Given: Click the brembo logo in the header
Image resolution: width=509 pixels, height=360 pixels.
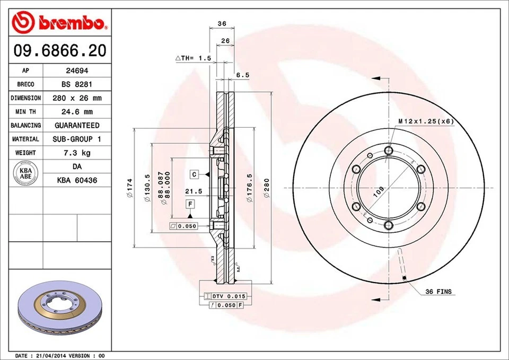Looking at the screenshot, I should click(x=59, y=22).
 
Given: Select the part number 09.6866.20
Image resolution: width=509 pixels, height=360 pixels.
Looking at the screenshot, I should click(x=59, y=50).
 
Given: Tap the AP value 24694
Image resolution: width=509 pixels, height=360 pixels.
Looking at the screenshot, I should click(x=76, y=71).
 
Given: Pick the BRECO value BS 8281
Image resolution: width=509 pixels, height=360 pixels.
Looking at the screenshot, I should click(x=76, y=84).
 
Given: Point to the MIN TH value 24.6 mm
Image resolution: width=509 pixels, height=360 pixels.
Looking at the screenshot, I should click(x=76, y=112).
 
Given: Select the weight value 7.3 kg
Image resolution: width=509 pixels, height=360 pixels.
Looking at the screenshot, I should click(x=76, y=153).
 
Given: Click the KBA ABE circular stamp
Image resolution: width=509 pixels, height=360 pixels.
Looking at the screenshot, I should click(x=25, y=174).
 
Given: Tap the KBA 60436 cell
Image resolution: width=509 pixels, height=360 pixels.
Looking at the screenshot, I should click(x=76, y=180).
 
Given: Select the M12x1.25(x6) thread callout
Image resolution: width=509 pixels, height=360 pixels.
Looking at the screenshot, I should click(x=426, y=121).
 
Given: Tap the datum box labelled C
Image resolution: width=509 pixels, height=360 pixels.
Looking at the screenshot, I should click(x=195, y=174).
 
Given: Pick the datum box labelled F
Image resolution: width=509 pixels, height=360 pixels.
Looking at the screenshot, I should click(x=190, y=204).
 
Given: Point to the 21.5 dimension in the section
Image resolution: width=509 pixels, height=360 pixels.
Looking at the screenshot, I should click(x=194, y=191).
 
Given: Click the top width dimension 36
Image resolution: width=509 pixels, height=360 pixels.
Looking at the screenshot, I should click(x=222, y=24).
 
